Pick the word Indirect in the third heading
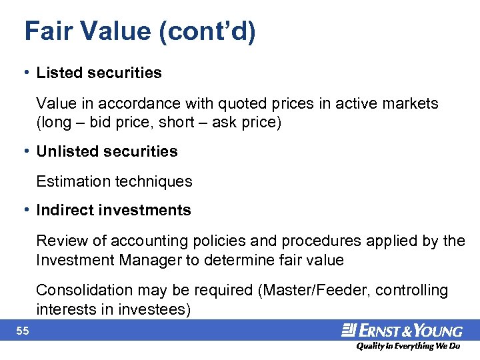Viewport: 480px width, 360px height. [x=64, y=210]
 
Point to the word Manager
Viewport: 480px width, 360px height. [x=154, y=259]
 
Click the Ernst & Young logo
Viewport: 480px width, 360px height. [x=401, y=330]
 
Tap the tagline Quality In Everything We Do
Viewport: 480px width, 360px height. [x=408, y=347]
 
